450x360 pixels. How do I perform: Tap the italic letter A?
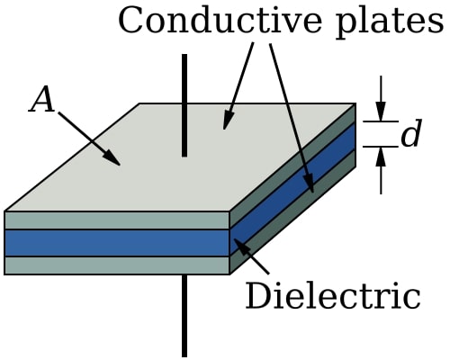point(41,101)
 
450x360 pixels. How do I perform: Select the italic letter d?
point(410,135)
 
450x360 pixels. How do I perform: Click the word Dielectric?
point(333,296)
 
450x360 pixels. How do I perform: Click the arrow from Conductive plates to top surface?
point(238,85)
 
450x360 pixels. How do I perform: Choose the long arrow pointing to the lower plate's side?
point(292,117)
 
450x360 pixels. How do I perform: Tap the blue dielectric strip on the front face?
point(117,243)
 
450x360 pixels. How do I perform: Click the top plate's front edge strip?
point(117,220)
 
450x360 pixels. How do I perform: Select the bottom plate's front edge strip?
point(117,265)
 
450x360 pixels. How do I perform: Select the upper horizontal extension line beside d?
point(380,121)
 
